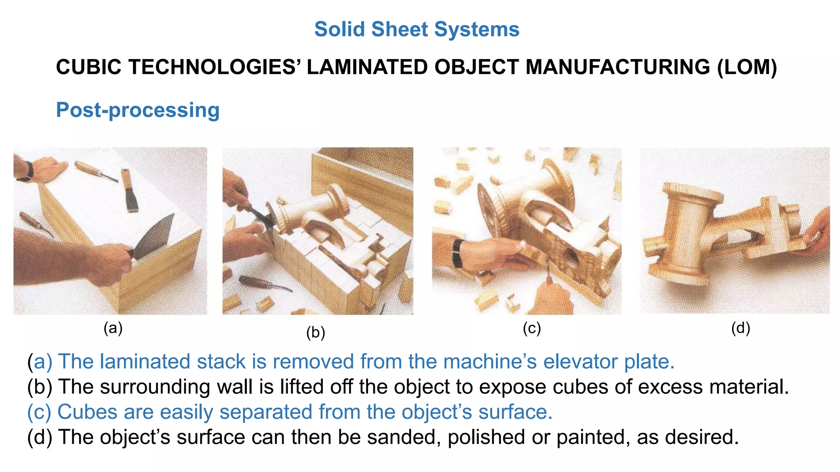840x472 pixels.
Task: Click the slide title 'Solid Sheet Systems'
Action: (x=417, y=29)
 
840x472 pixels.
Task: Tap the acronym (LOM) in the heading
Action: (x=747, y=67)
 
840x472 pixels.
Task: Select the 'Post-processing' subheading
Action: (x=138, y=110)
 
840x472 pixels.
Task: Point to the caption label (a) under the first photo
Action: (x=113, y=328)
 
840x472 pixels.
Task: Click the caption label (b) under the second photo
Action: (x=315, y=332)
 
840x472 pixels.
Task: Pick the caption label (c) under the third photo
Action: (x=532, y=328)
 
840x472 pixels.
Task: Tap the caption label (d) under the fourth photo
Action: (x=740, y=328)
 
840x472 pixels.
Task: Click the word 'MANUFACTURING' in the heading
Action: (x=618, y=67)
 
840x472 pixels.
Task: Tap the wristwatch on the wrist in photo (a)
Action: (x=29, y=170)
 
